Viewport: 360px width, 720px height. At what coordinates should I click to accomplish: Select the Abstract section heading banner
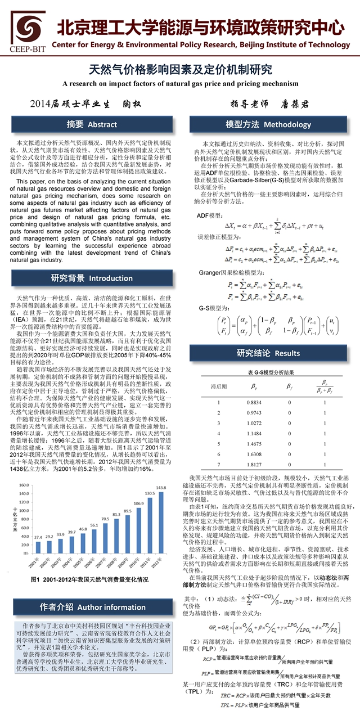click(x=92, y=124)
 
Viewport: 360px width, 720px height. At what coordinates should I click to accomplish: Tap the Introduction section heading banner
click(x=92, y=278)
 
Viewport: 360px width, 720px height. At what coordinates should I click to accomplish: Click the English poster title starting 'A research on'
click(x=180, y=83)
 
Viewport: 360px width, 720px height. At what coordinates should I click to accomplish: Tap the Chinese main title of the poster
click(x=181, y=70)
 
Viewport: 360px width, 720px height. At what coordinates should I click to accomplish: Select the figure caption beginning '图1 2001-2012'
click(x=89, y=579)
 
